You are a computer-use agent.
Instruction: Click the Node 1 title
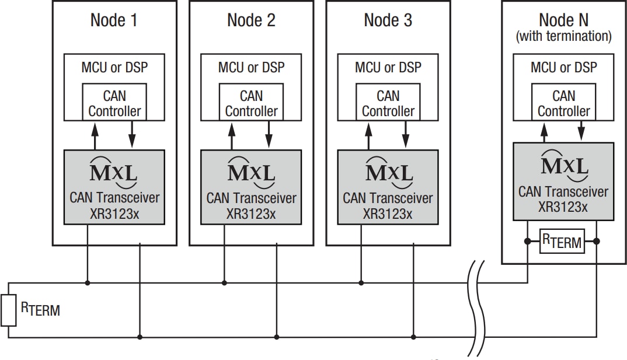tap(114, 20)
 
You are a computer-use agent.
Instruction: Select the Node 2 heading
tap(251, 20)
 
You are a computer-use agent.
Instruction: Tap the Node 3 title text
tap(388, 20)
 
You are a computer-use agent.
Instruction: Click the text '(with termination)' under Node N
tap(563, 36)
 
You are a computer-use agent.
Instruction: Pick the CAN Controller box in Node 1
tap(114, 103)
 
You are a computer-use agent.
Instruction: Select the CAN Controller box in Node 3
tap(388, 103)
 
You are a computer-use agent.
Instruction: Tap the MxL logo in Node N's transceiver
tap(564, 163)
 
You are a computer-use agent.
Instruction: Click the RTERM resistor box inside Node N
tap(562, 241)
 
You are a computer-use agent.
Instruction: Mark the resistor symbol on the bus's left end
tap(8, 310)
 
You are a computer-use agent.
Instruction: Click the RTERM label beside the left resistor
tap(41, 309)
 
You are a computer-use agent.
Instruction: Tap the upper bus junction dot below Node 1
tap(88, 283)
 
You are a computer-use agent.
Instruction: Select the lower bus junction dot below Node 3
tap(413, 337)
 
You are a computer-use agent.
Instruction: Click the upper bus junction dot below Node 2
tap(224, 283)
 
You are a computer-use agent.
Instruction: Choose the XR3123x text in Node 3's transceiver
tap(388, 213)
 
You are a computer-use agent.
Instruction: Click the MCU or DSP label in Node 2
tap(251, 67)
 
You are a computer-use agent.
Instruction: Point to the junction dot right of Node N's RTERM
tap(596, 241)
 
